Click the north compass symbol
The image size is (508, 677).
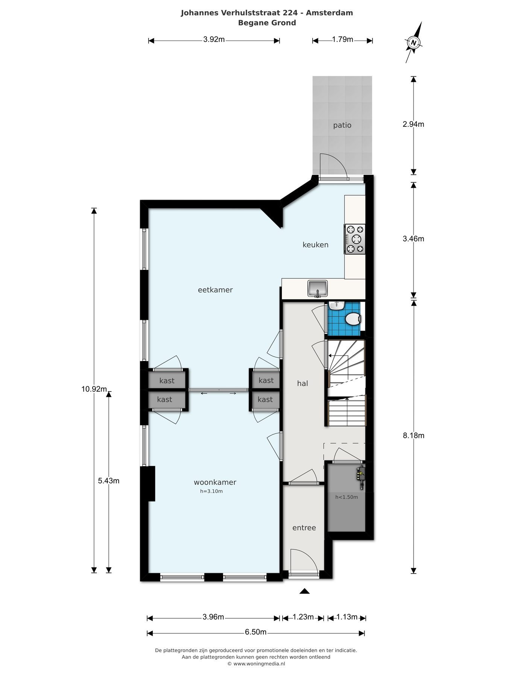click(x=414, y=43)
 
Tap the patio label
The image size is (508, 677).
click(x=342, y=125)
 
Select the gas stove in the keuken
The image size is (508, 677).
click(x=355, y=239)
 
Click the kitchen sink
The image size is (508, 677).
click(x=318, y=288)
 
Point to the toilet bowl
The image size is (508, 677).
click(x=353, y=319)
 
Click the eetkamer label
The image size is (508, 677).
click(x=215, y=290)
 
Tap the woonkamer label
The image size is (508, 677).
click(x=215, y=482)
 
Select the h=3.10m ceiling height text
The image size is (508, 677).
click(x=211, y=491)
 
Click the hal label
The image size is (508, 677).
click(x=303, y=383)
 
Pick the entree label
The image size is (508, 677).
click(x=304, y=528)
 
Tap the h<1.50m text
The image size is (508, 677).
click(x=347, y=497)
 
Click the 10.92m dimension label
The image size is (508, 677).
click(x=94, y=389)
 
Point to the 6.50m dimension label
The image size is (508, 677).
click(x=256, y=632)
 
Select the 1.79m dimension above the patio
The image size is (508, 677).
click(x=342, y=39)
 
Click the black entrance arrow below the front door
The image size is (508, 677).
click(x=304, y=591)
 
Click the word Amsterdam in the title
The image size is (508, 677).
click(x=329, y=13)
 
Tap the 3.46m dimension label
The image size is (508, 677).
click(x=413, y=239)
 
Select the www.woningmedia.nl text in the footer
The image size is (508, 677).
click(x=259, y=664)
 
